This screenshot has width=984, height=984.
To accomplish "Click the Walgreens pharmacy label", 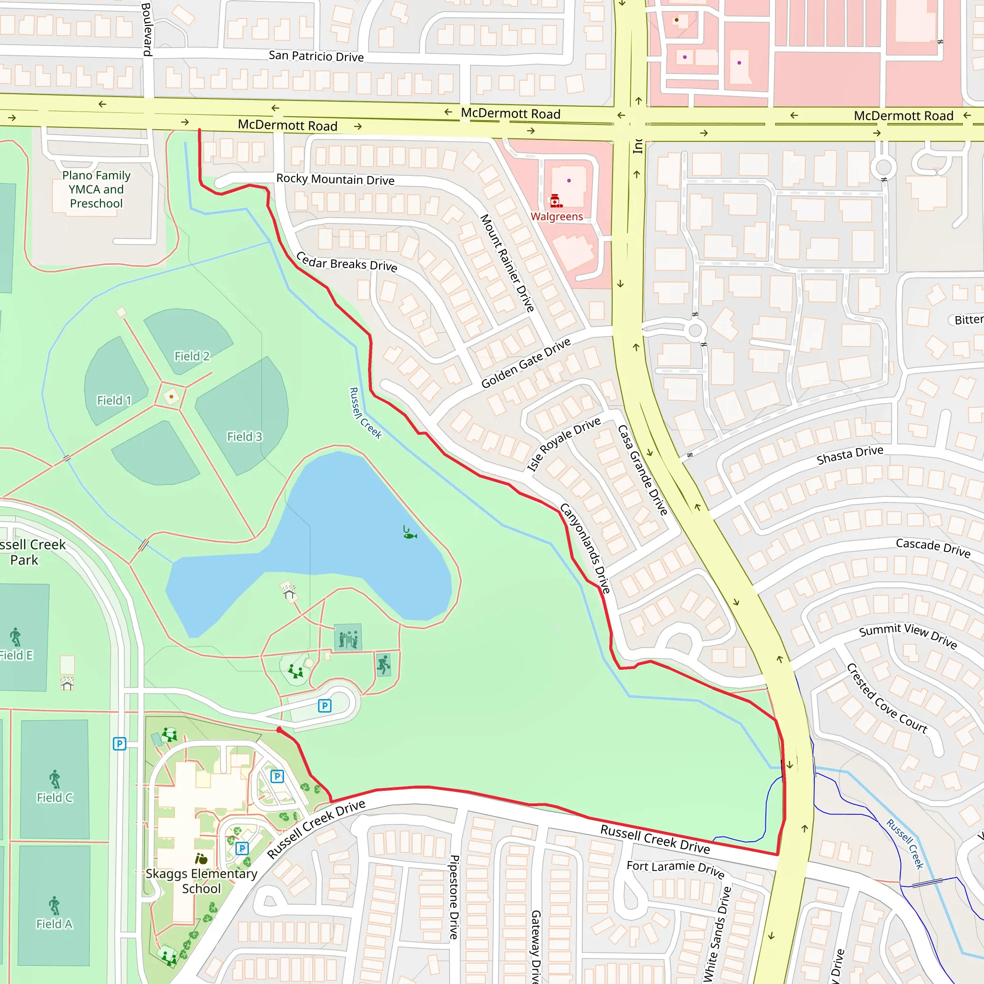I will [557, 217].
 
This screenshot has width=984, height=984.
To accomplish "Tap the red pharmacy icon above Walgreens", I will [556, 201].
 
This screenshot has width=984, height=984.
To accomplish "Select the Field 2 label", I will [192, 356].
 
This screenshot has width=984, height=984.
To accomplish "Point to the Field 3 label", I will [245, 436].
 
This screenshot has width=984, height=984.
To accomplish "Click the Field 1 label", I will [114, 400].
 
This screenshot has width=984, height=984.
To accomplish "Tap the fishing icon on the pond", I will [409, 533].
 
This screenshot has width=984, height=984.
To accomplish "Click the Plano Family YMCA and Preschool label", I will [96, 189].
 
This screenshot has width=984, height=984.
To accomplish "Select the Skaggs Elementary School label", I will [201, 881].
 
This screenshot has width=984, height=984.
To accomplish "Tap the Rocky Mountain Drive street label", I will [335, 179].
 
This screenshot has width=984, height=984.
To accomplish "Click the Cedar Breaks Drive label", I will [346, 262].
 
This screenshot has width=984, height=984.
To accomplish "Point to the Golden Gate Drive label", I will [526, 363].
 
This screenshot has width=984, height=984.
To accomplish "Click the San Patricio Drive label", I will [316, 56].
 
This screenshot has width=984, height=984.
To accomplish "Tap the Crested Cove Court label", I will [887, 698].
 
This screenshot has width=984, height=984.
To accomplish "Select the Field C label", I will [54, 798].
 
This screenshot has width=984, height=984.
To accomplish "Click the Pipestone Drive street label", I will [454, 897].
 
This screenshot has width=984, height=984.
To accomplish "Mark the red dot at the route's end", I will [279, 730].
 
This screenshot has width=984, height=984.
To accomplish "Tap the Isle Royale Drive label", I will [563, 444].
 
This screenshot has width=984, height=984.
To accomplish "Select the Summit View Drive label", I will [908, 635].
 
